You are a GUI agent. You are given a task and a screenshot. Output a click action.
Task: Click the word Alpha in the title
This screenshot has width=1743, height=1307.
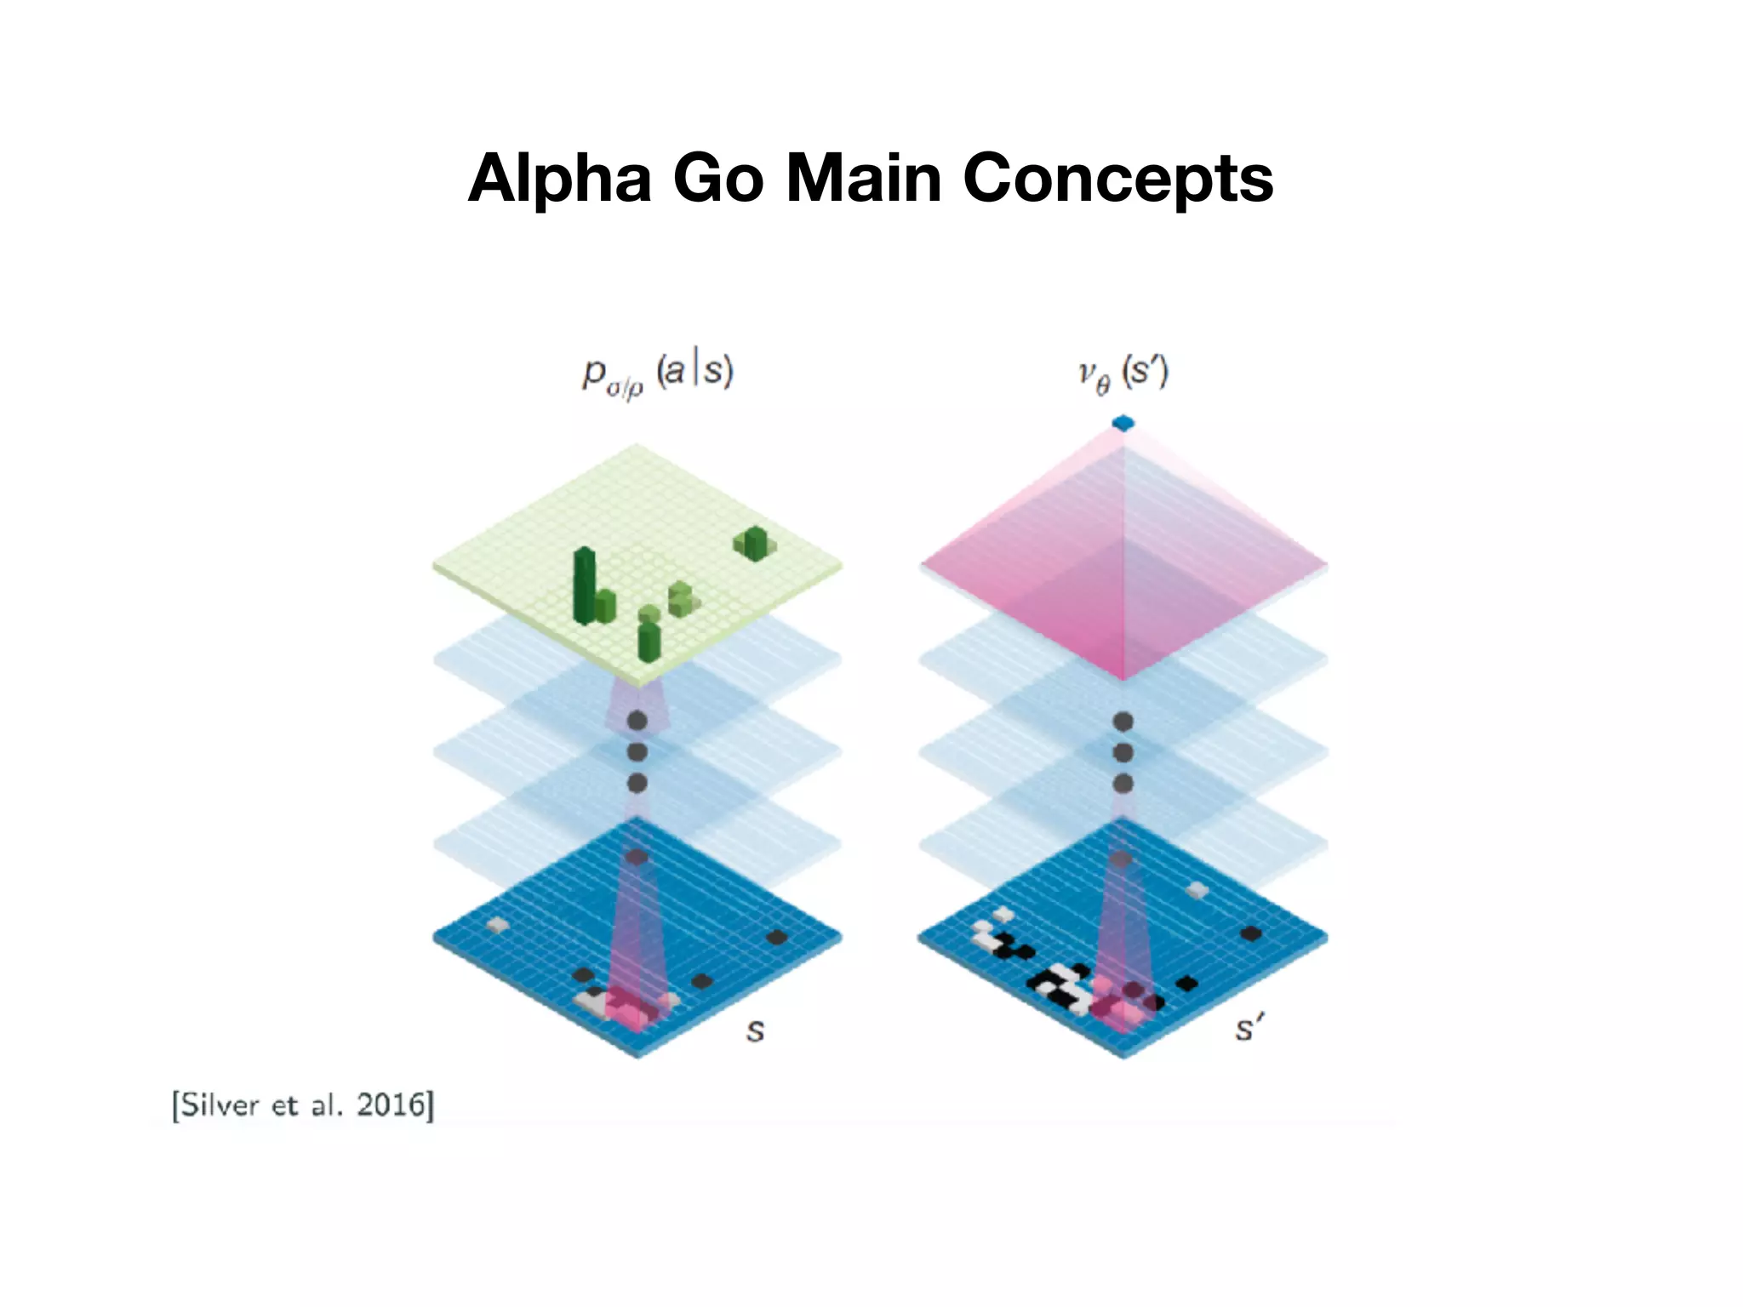coord(559,179)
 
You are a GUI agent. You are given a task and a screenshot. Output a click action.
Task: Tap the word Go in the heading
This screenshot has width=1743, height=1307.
coord(718,179)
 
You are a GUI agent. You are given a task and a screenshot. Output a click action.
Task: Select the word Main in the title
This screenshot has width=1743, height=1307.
coord(863,179)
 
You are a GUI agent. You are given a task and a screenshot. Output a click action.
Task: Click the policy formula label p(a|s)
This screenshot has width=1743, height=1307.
coord(657,374)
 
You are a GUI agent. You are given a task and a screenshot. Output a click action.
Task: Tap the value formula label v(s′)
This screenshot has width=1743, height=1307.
coord(1123,374)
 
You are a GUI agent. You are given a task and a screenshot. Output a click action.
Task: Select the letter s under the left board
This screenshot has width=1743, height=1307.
coord(755,1030)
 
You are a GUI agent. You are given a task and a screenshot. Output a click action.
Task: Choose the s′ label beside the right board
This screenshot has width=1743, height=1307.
coord(1248,1030)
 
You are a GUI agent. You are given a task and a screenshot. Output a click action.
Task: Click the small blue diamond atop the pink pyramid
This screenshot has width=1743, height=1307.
coord(1123,423)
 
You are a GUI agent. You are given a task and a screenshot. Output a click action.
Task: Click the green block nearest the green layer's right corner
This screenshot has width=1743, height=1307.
coord(754,542)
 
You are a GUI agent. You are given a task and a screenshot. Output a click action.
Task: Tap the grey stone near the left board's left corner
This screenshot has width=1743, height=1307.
coord(497,924)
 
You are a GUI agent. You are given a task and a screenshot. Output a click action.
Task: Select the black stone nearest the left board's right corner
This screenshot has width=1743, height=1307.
coord(776,938)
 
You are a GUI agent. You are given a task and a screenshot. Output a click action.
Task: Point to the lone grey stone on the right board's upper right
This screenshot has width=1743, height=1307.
coord(1197,890)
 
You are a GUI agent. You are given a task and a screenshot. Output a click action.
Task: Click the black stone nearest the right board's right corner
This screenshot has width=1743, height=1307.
coord(1250,933)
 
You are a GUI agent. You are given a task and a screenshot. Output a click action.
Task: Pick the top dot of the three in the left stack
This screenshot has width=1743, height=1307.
coord(637,722)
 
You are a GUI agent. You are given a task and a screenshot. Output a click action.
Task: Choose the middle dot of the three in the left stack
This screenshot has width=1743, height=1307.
coord(637,752)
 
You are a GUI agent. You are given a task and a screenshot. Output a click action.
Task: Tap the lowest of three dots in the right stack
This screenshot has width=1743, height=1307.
coord(1123,783)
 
